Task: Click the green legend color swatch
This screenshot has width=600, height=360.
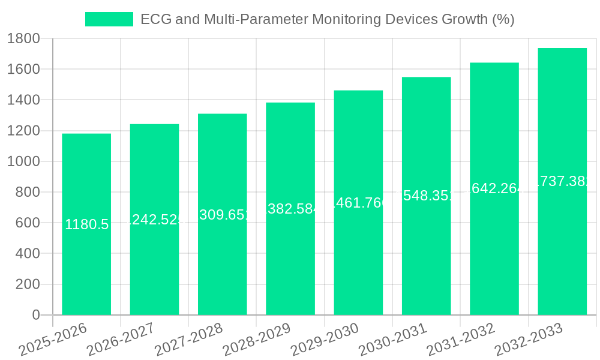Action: tap(109, 19)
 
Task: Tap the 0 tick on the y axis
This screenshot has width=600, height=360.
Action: tap(35, 315)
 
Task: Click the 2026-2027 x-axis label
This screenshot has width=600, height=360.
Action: tap(121, 340)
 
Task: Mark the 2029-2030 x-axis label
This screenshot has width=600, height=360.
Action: tap(325, 340)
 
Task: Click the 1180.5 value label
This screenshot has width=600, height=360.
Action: tap(86, 224)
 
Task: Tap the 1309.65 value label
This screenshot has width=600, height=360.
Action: tap(222, 215)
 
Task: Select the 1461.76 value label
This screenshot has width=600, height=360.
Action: tap(358, 203)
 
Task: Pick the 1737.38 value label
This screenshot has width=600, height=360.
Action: tap(562, 182)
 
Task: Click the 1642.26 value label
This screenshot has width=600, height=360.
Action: tap(494, 189)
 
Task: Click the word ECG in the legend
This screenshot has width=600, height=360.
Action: tap(153, 19)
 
